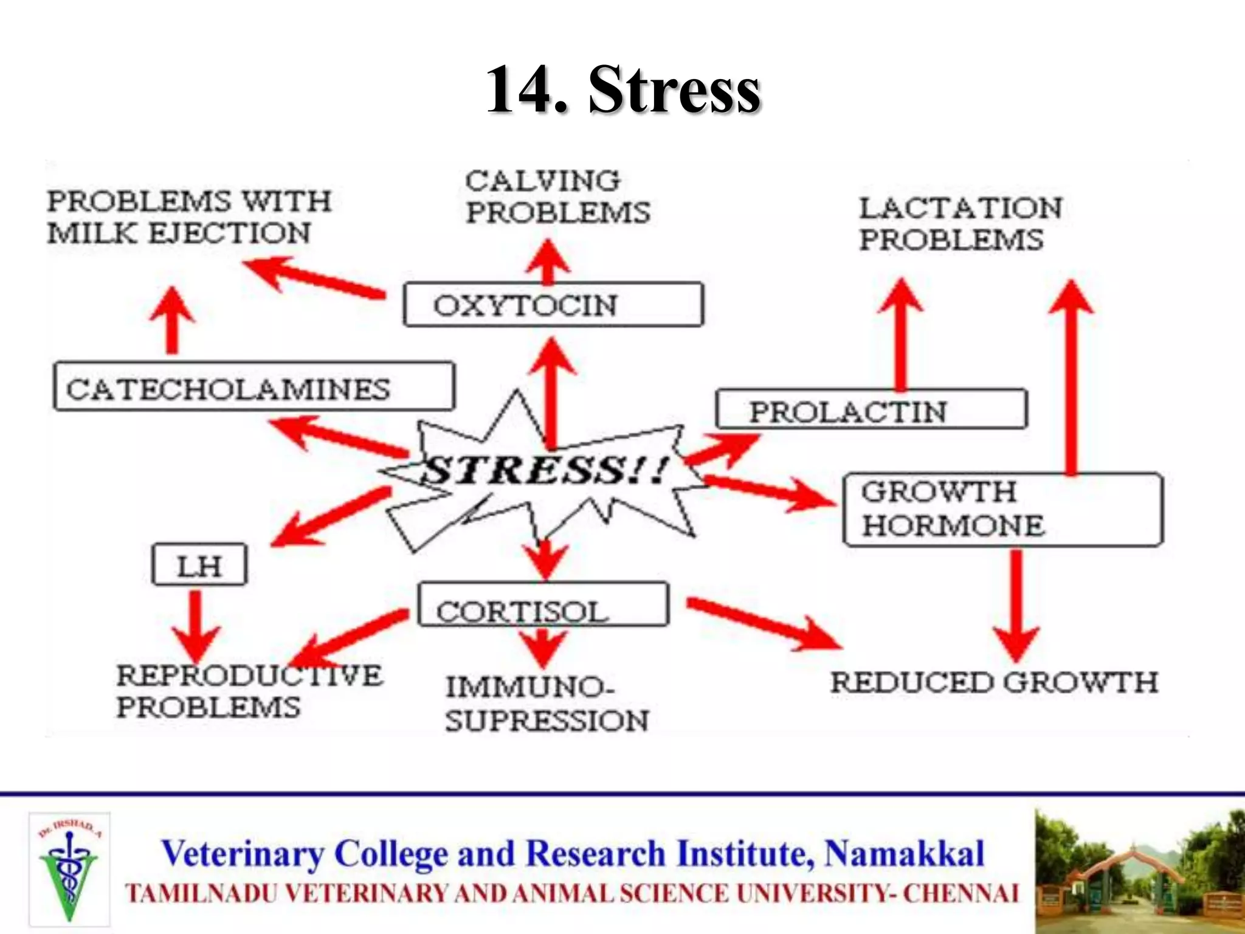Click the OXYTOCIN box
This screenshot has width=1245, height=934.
(x=553, y=305)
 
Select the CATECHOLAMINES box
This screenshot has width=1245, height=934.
(x=253, y=387)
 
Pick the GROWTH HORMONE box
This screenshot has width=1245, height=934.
(x=1002, y=510)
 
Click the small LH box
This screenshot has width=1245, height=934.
(x=199, y=565)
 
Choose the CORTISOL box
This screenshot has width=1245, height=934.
(x=543, y=605)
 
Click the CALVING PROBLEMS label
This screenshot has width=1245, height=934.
(x=557, y=196)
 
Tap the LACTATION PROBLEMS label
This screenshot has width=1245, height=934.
(x=959, y=224)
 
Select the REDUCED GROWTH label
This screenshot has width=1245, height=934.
(x=993, y=682)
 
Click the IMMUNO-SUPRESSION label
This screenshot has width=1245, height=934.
(x=546, y=704)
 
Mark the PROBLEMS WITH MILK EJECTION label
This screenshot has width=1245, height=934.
(x=188, y=217)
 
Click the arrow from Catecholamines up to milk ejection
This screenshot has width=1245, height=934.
(x=173, y=320)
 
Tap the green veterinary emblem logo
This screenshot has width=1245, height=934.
(x=69, y=869)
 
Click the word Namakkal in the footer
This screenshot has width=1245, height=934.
(x=903, y=853)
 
